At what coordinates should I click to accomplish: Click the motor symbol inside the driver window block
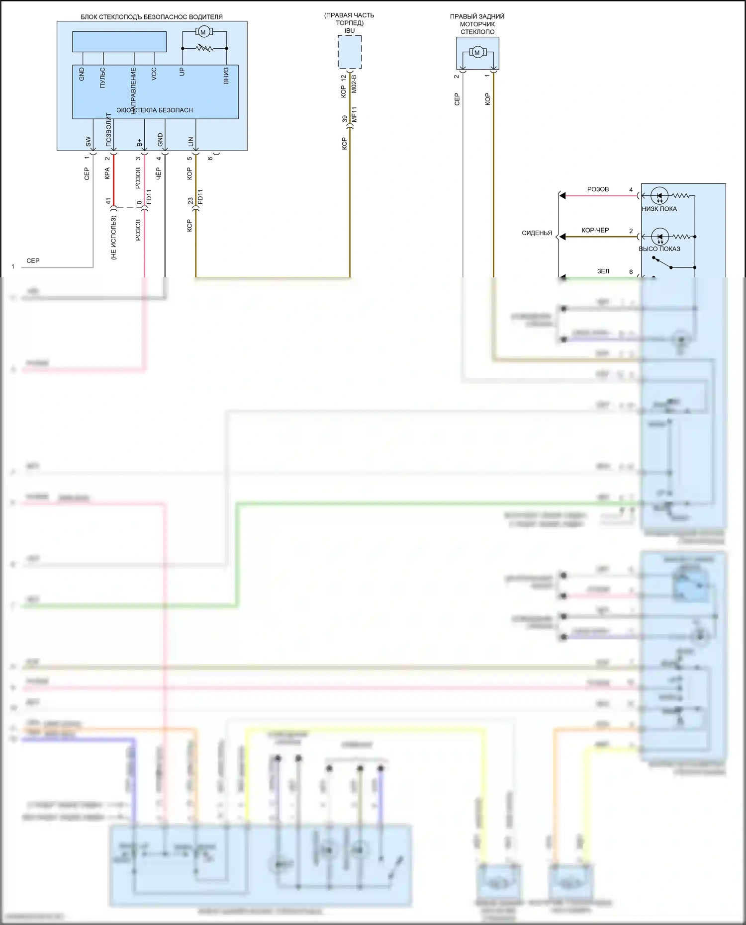[x=203, y=32]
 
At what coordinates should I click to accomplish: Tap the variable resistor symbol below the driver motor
[x=204, y=48]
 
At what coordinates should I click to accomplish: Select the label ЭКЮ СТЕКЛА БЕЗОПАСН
[x=155, y=110]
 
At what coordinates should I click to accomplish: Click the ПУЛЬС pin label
[x=102, y=78]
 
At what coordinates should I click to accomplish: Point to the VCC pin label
[x=154, y=74]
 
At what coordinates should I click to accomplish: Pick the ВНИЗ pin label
[x=226, y=76]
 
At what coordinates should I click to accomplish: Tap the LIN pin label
[x=190, y=142]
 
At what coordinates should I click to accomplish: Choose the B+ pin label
[x=139, y=143]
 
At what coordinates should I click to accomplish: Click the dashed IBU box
[x=350, y=52]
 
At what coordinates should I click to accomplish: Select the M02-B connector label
[x=354, y=84]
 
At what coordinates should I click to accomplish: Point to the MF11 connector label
[x=354, y=115]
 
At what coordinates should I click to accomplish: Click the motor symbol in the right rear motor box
[x=477, y=52]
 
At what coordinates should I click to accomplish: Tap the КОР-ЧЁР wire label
[x=595, y=230]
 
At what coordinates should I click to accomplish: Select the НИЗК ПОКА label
[x=659, y=209]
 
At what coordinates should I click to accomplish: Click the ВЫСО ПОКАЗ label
[x=659, y=249]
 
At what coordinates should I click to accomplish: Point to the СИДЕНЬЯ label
[x=537, y=233]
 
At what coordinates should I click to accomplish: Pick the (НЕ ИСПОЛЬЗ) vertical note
[x=113, y=238]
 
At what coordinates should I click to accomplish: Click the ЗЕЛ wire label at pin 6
[x=603, y=271]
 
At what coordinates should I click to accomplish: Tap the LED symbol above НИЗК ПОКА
[x=659, y=196]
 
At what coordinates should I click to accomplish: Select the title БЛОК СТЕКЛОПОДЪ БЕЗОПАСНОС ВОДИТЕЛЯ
[x=152, y=17]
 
